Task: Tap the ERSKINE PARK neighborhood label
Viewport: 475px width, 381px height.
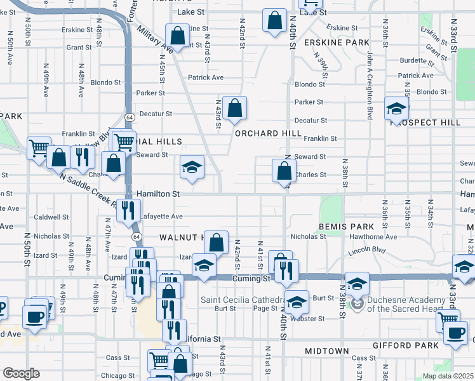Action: [337, 42]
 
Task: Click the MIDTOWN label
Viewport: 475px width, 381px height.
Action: [326, 351]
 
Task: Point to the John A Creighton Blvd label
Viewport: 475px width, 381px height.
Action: [369, 86]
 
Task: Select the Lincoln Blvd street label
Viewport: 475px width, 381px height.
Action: [367, 251]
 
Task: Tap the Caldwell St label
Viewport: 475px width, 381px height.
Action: [52, 217]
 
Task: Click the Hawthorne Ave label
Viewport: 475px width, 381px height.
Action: [373, 237]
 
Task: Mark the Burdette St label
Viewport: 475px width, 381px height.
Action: [417, 61]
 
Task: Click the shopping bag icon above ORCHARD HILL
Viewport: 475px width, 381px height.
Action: [235, 109]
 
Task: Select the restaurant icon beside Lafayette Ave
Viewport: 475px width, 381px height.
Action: [130, 210]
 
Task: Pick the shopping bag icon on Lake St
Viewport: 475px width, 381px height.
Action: [275, 20]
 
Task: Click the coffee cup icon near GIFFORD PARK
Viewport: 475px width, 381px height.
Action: [455, 333]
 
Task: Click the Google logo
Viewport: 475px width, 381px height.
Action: [21, 373]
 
